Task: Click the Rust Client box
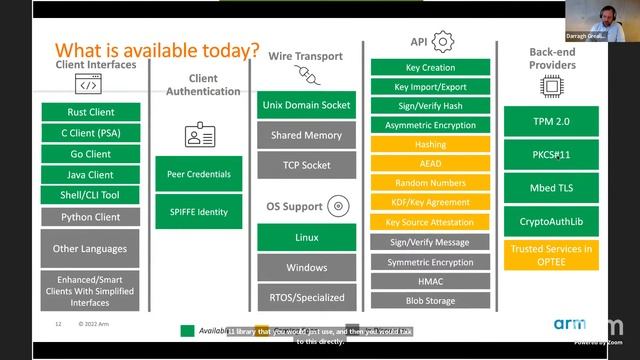[91, 112]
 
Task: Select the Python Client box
[91, 216]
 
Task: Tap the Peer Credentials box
[199, 174]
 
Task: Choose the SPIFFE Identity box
[199, 211]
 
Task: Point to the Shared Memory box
[306, 135]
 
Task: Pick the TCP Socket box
[306, 165]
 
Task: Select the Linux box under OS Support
[306, 237]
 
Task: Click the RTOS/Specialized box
[306, 297]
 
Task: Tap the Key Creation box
[430, 68]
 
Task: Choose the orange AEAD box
[430, 164]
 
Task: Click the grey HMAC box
[430, 281]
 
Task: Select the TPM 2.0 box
[551, 122]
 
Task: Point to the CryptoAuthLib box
[551, 221]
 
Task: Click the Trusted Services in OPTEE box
[551, 254]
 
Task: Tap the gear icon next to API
[443, 41]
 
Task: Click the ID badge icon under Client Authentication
[199, 134]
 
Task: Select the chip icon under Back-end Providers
[552, 89]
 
